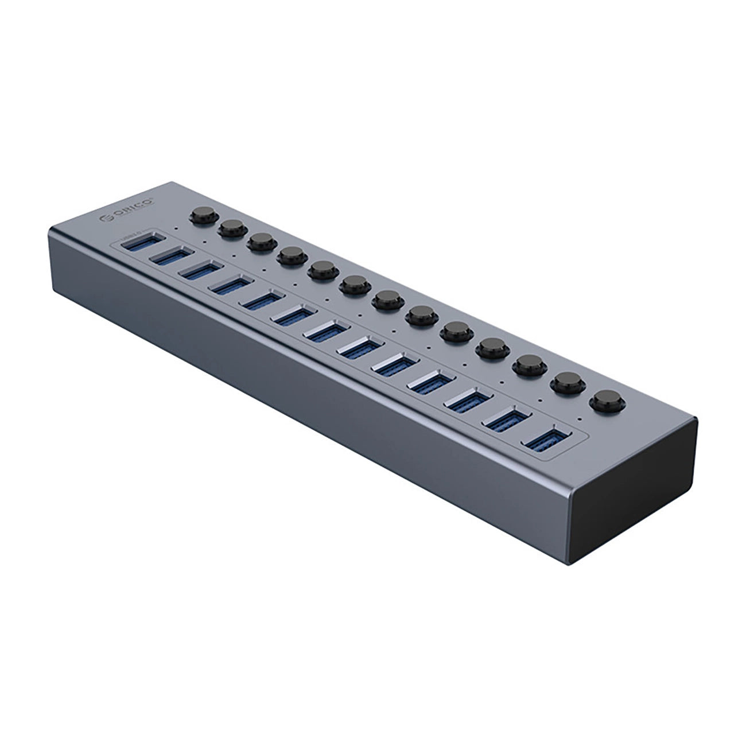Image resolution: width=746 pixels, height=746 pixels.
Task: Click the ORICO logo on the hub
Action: pyautogui.click(x=127, y=208)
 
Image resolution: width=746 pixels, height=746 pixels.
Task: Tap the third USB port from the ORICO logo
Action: pyautogui.click(x=198, y=272)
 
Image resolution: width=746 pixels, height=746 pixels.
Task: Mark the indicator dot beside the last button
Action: pyautogui.click(x=580, y=418)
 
